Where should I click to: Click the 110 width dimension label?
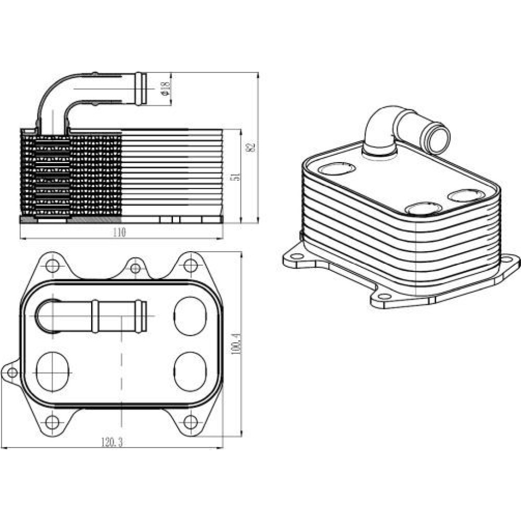pos(119,232)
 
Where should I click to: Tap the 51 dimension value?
pos(235,177)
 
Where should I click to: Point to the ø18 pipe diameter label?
pos(165,88)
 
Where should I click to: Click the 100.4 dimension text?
pos(236,343)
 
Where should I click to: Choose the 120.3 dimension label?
pos(112,442)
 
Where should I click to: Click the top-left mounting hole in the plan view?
pos(52,266)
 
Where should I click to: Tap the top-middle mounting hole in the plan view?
pos(135,268)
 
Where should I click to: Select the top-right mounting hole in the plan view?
pos(190,265)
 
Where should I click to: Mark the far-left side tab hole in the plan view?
pos(13,373)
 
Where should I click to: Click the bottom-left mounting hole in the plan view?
pos(52,423)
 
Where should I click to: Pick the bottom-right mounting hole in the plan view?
pos(190,423)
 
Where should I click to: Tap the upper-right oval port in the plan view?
pos(190,316)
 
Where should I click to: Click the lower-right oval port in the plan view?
pos(190,371)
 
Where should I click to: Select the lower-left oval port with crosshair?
pos(53,371)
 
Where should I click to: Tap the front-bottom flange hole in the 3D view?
pos(385,296)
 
